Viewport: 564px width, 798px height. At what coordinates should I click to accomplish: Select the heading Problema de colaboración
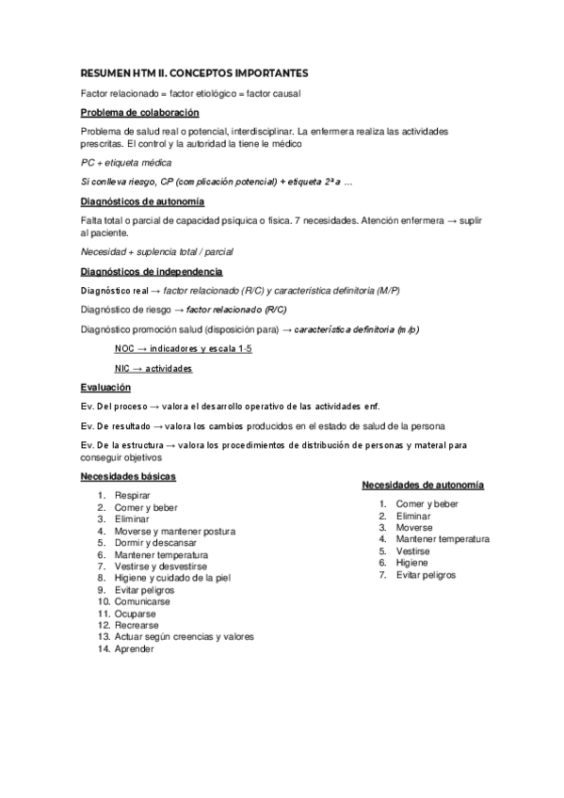140,113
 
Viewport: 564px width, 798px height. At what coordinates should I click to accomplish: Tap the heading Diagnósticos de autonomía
143,201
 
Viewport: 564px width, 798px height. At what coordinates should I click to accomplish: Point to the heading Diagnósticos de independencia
152,272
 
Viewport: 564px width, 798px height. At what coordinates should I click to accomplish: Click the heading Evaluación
105,388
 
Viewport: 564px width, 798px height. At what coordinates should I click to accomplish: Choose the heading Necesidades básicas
128,476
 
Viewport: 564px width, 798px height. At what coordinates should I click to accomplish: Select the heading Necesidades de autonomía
423,485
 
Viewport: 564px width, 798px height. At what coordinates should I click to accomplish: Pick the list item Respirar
132,495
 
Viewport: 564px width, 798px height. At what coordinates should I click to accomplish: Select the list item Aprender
134,648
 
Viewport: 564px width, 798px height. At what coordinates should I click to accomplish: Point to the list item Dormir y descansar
155,543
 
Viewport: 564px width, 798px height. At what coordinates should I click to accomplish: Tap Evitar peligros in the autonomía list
426,574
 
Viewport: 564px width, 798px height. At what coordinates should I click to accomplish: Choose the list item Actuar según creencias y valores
184,636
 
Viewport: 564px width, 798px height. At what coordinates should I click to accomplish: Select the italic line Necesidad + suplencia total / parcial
157,251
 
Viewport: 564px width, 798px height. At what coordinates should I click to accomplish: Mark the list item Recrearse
137,625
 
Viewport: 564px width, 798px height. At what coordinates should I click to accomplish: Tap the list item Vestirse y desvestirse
161,567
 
